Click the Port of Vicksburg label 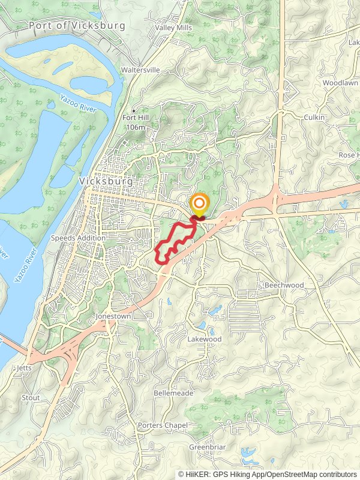(x=77, y=26)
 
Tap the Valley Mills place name (x=173, y=28)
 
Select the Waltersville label (x=141, y=70)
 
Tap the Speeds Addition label (x=78, y=238)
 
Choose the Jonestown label (x=113, y=316)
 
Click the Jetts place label (x=25, y=368)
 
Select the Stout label (x=31, y=398)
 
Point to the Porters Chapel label (x=163, y=425)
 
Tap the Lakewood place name (x=204, y=339)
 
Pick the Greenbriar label (x=206, y=448)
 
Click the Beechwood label (x=284, y=285)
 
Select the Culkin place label (x=314, y=118)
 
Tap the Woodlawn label (x=340, y=82)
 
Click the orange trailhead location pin (x=199, y=204)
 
